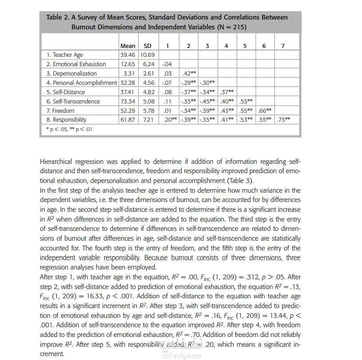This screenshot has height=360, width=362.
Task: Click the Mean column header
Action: coord(128,46)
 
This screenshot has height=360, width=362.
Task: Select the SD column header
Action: coord(148,46)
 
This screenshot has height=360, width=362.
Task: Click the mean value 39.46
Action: coord(128,55)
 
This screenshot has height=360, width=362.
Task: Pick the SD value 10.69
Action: coord(148,55)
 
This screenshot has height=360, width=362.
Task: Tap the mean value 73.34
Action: coord(128,101)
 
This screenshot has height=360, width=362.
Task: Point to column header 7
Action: coord(283,46)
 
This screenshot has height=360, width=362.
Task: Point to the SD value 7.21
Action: coord(148,120)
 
